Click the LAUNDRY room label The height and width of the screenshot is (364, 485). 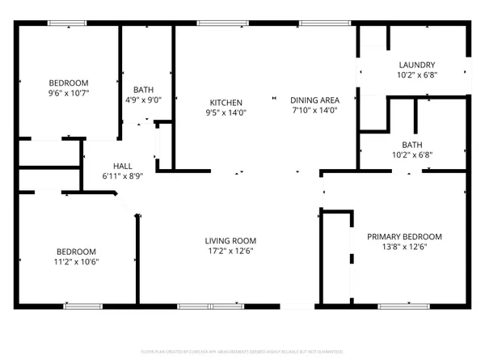coord(417,65)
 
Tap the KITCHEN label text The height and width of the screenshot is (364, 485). coord(226,102)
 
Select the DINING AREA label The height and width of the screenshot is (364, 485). coord(314,99)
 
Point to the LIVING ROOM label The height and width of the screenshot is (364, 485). coord(230,240)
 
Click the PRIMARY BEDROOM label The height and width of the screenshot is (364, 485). coord(404,236)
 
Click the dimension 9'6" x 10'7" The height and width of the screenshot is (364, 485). coord(68,93)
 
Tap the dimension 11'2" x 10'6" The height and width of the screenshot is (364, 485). coord(76,260)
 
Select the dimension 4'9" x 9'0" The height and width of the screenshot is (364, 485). coord(144,100)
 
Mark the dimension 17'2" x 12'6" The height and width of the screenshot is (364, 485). coord(230,251)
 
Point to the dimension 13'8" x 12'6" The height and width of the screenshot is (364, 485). coord(404,247)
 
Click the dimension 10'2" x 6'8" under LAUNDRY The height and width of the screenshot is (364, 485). coord(417,75)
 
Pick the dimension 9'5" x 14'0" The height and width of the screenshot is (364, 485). coord(226,112)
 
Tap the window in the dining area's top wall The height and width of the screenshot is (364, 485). coord(314,23)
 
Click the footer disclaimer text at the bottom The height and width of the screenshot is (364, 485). coord(242,352)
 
